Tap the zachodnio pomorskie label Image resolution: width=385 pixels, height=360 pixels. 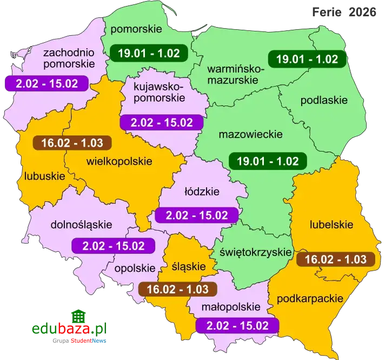click(x=69, y=58)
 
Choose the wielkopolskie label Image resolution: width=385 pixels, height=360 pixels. click(x=119, y=161)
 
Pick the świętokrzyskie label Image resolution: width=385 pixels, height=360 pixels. click(x=253, y=252)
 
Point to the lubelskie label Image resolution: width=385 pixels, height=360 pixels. click(x=331, y=225)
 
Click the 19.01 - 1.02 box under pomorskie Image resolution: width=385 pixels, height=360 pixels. click(x=148, y=53)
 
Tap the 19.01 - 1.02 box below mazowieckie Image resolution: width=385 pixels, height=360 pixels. click(x=268, y=161)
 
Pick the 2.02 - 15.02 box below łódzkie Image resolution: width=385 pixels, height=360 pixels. click(x=196, y=215)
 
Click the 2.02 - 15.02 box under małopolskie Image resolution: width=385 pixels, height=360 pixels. click(x=238, y=325)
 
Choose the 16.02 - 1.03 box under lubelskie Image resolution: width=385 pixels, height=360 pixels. click(x=335, y=259)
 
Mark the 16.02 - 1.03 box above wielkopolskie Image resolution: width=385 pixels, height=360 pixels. click(x=72, y=143)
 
